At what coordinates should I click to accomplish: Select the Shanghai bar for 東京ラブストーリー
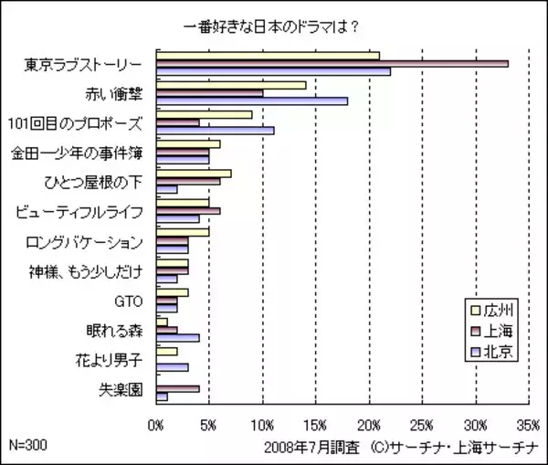click(x=332, y=63)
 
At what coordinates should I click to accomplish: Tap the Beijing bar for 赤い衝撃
click(x=252, y=100)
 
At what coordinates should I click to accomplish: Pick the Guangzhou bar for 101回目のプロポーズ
click(x=205, y=114)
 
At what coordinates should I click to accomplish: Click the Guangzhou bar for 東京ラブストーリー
click(x=269, y=56)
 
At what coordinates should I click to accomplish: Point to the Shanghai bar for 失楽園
click(x=178, y=389)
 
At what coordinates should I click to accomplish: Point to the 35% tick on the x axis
click(x=528, y=425)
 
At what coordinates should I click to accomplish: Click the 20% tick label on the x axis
click(x=369, y=425)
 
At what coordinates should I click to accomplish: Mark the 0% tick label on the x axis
click(x=156, y=425)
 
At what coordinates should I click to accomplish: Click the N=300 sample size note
click(x=27, y=444)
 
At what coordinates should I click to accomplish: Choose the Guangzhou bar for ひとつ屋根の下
click(x=195, y=174)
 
